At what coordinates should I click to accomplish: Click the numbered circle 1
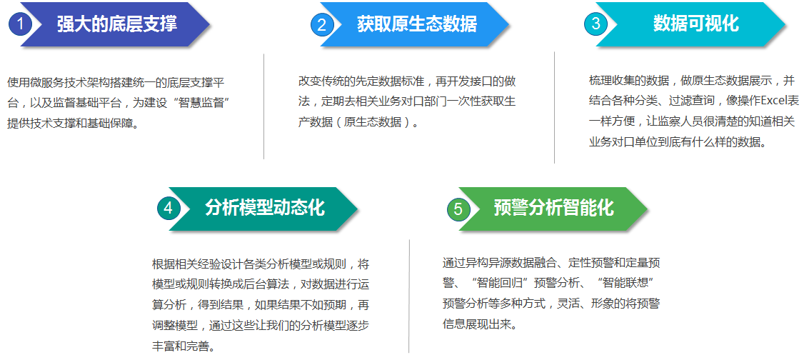21,24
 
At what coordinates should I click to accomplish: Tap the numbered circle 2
322,25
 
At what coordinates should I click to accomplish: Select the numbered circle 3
596,24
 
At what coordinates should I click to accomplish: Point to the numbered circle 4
169,208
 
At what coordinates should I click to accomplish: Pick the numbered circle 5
458,209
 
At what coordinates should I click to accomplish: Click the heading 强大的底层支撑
116,24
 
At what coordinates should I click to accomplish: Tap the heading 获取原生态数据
417,24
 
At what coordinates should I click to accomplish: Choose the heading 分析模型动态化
265,207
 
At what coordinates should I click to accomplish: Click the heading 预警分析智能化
553,207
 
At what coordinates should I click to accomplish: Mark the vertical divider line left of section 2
264,106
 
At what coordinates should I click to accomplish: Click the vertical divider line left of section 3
555,106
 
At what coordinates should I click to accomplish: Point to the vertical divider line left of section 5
409,296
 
